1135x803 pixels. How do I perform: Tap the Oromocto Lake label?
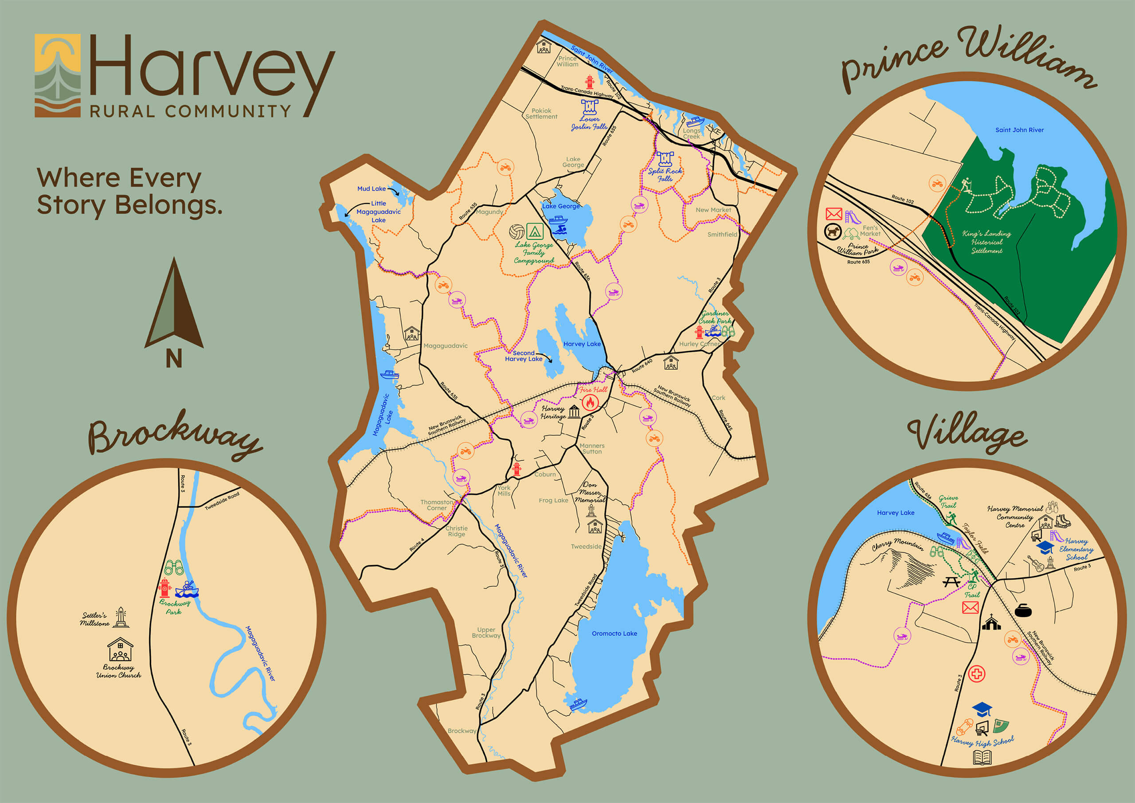tap(614, 634)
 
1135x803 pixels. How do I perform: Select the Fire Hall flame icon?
tap(590, 403)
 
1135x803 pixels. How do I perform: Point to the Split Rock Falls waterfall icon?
tap(665, 159)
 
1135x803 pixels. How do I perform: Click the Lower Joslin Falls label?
tap(589, 123)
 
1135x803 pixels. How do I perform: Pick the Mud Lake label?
tap(371, 189)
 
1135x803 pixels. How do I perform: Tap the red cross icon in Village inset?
tap(977, 674)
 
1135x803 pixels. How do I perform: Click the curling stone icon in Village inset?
tap(1023, 611)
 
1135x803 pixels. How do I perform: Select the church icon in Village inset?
tap(991, 623)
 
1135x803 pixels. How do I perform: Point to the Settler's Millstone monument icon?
tap(120, 618)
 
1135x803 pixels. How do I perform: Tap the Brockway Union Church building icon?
tap(120, 650)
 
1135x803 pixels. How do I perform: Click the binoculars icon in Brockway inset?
tap(174, 567)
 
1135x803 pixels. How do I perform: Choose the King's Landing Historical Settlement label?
tap(987, 242)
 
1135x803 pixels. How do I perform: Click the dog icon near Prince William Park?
tap(833, 231)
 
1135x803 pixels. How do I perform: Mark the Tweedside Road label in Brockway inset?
tap(222, 501)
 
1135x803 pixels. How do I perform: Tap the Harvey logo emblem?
tap(57, 75)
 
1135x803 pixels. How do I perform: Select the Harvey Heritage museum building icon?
tap(574, 412)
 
